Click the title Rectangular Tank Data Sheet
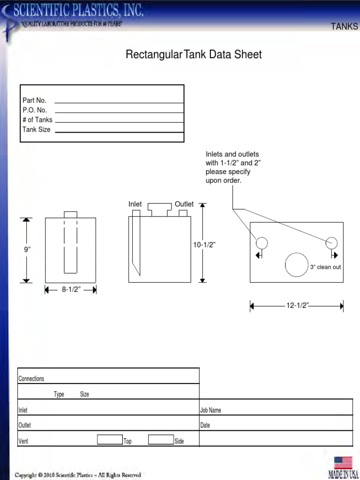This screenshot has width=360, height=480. pyautogui.click(x=194, y=55)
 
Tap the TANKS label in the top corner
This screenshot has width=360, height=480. pyautogui.click(x=344, y=27)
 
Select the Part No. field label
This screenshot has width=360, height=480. pyautogui.click(x=34, y=100)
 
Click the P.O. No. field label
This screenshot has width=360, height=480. pyautogui.click(x=35, y=110)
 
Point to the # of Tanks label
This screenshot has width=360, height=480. pyautogui.click(x=37, y=120)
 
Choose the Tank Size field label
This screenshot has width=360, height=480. pyautogui.click(x=37, y=129)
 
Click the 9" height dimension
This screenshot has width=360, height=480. pyautogui.click(x=27, y=250)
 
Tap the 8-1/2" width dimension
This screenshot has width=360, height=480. pyautogui.click(x=71, y=290)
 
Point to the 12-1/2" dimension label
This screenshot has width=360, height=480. pyautogui.click(x=297, y=306)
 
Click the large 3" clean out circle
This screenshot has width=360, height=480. pyautogui.click(x=297, y=264)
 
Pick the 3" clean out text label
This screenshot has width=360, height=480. pyautogui.click(x=325, y=267)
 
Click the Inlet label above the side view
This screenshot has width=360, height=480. pyautogui.click(x=135, y=204)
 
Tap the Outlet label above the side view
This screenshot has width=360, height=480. pyautogui.click(x=184, y=204)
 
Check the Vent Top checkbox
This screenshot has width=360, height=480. pyautogui.click(x=110, y=439)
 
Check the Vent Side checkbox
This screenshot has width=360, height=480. pyautogui.click(x=161, y=439)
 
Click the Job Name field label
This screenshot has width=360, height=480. pyautogui.click(x=210, y=410)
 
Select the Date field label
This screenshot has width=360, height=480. pyautogui.click(x=205, y=426)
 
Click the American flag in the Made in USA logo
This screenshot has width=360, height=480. pyautogui.click(x=343, y=463)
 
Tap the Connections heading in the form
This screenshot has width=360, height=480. pyautogui.click(x=31, y=379)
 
